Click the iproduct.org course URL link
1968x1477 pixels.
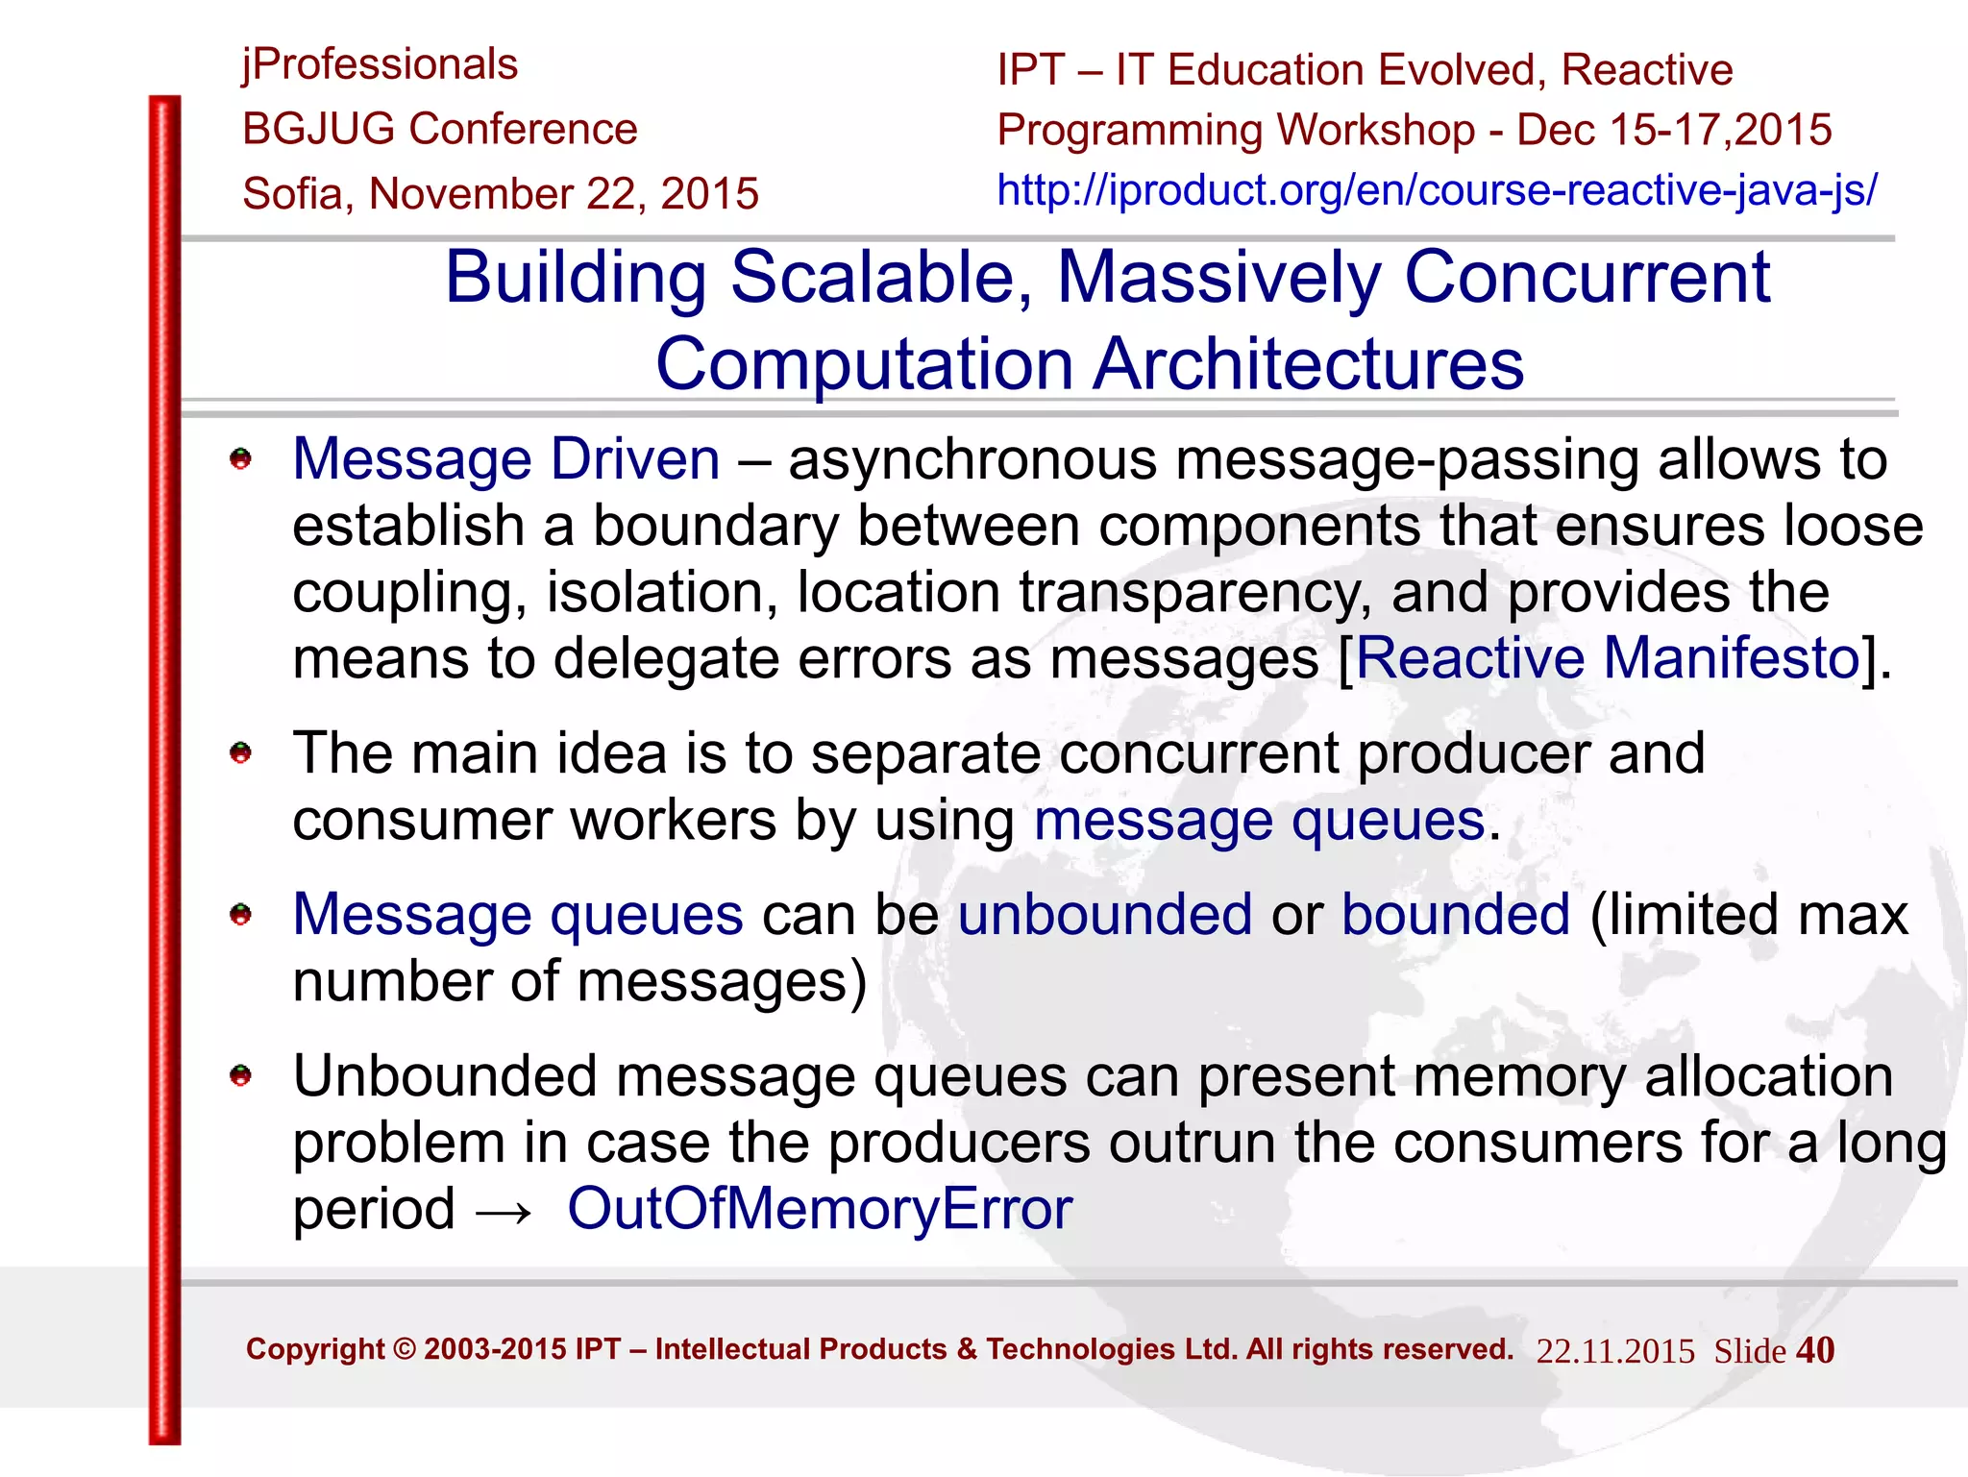[1436, 190]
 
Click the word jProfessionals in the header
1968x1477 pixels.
[380, 65]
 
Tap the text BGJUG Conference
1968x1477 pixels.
[439, 129]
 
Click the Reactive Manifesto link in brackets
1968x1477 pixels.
[1608, 658]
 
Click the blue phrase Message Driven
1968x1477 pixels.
[505, 458]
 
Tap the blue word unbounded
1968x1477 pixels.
[1104, 914]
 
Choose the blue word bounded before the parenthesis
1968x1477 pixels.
[1456, 914]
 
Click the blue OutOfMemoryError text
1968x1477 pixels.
[820, 1208]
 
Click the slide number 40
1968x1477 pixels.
[1814, 1350]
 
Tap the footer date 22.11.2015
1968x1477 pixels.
[1614, 1351]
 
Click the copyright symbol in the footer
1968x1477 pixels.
[405, 1349]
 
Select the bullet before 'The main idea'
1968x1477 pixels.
[240, 752]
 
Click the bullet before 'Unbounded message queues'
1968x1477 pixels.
[240, 1075]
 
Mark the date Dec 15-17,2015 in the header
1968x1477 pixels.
[1674, 130]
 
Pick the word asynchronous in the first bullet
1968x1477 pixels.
[972, 459]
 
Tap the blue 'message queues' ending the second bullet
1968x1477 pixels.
[1260, 822]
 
